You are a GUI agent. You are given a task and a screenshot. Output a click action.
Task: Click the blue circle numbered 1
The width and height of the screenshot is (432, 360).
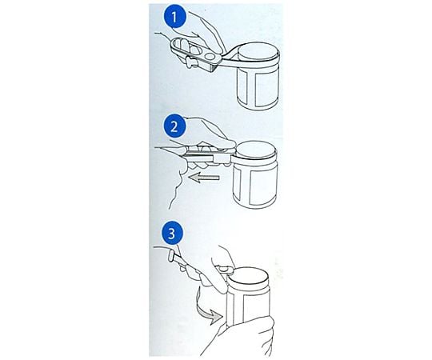(174, 17)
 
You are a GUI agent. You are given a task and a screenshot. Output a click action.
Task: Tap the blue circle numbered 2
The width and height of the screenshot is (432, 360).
(174, 127)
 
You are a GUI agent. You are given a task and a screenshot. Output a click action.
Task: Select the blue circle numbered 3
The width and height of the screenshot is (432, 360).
(172, 234)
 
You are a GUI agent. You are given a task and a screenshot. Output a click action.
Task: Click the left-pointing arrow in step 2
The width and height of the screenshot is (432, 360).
(204, 178)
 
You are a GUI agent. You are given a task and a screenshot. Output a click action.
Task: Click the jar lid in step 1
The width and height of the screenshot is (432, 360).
(258, 52)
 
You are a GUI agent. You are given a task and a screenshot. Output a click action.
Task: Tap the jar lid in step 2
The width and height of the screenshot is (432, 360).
(256, 151)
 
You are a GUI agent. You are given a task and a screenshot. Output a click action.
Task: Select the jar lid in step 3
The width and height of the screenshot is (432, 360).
(249, 278)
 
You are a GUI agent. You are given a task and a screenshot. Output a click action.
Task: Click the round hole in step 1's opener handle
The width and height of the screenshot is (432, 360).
(211, 56)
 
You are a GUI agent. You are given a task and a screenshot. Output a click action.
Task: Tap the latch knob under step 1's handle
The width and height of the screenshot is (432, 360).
(190, 62)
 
